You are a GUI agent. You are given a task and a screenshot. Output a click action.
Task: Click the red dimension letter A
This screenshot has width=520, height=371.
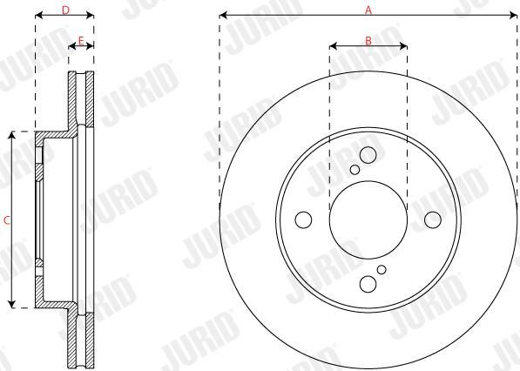368,10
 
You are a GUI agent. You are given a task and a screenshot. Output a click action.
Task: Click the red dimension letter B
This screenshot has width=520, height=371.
368,41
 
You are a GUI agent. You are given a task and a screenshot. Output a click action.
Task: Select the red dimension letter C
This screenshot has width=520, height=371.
7,220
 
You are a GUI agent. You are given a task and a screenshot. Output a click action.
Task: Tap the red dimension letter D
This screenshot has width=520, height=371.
65,10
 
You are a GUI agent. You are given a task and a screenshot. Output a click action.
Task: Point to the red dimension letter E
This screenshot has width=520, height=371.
81,41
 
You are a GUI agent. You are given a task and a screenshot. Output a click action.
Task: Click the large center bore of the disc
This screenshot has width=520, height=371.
368,219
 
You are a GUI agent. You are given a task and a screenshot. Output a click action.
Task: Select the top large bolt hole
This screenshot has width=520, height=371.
368,155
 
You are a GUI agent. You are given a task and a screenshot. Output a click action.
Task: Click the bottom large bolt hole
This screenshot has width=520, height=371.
368,284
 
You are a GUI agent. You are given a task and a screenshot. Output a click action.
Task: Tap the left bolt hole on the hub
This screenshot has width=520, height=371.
303,219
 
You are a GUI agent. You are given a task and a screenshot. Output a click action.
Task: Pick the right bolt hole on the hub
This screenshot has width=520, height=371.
433,219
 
